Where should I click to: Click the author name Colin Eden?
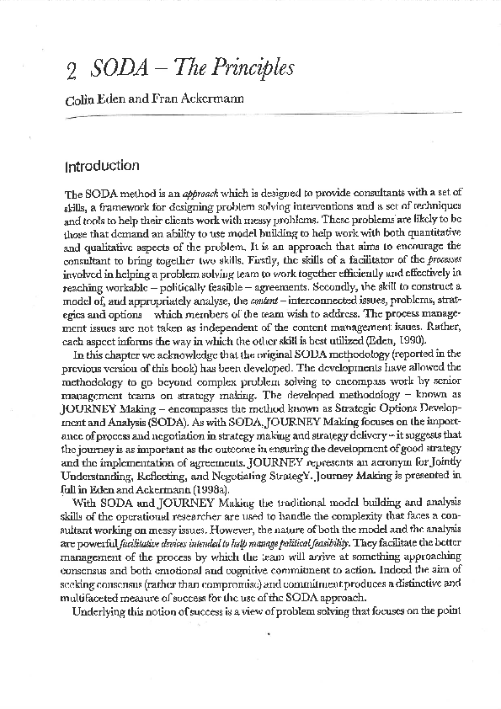click(x=93, y=100)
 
